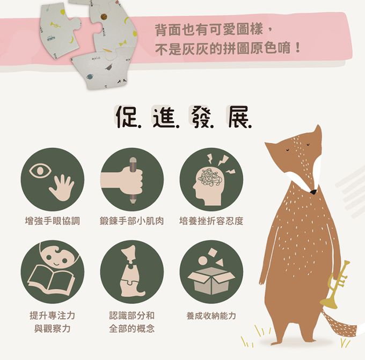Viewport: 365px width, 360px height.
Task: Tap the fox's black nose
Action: pos(313,192)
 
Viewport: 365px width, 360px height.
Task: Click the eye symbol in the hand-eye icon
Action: pos(40,170)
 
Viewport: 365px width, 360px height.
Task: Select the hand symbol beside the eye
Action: pos(61,188)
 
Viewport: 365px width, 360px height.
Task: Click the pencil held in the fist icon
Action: pos(133,180)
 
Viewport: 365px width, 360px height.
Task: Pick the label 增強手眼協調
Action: pos(53,221)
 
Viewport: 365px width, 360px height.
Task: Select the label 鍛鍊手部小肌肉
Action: pos(132,221)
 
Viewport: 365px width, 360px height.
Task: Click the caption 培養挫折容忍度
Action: pos(211,221)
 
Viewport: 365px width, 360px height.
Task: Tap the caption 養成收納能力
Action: pos(211,316)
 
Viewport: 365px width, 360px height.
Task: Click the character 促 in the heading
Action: pos(126,117)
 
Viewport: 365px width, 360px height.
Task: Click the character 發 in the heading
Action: pos(201,117)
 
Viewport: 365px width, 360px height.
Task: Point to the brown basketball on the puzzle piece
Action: pos(104,17)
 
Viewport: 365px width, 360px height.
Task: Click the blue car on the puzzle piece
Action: pos(50,38)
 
